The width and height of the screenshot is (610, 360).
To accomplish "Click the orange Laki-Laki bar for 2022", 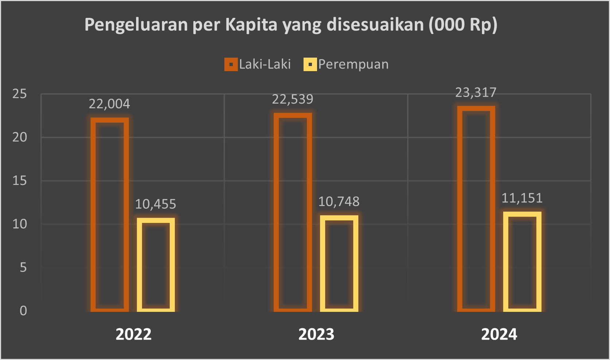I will pos(109,214).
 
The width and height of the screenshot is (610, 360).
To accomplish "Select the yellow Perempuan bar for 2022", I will pos(156,265).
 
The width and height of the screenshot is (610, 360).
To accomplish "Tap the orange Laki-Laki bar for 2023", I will pos(293,212).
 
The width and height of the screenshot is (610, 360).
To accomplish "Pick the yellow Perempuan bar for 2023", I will pos(339,263).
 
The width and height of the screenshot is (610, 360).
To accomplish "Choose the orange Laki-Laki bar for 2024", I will pos(476,209).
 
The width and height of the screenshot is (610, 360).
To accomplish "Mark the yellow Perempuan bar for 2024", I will pos(522,262).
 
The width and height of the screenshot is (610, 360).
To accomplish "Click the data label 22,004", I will pos(109,104).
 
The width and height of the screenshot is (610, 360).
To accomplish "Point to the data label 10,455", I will pos(156,204).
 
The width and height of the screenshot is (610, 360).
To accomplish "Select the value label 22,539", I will pos(293,99).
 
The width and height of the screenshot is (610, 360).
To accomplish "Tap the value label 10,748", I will pos(339,202).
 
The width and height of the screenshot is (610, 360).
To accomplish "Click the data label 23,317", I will pos(476,93).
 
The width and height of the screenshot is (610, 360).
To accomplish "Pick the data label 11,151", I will pos(522,198).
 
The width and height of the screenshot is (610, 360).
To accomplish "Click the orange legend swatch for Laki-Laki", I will pos(231,65).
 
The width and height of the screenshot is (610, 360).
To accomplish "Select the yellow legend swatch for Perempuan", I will pos(310,65).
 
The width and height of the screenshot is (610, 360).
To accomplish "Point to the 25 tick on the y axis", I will pos(20,94).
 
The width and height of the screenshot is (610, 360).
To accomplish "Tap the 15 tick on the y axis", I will pos(20,181).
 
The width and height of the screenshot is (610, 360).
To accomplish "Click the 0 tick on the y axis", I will pos(23,311).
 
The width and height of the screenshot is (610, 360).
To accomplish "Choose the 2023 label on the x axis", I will pos(316,334).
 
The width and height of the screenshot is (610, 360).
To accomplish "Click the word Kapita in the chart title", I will pos(251,25).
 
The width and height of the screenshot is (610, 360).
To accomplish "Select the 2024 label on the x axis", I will pos(499,334).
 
